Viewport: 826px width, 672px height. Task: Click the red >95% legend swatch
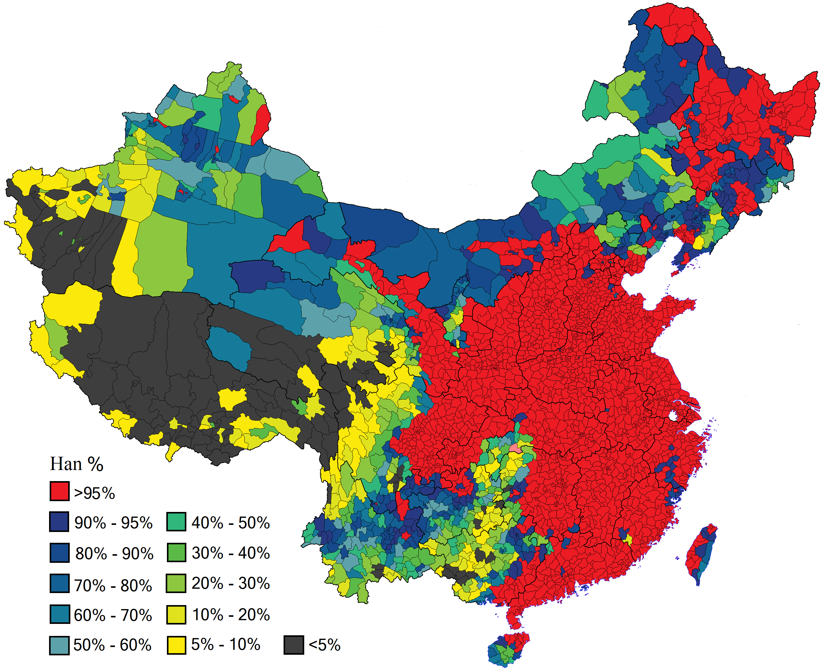[60, 491]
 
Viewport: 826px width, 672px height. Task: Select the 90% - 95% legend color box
[59, 522]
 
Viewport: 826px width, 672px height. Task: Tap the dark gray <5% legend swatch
[293, 645]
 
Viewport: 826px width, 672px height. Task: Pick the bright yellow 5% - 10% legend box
[176, 645]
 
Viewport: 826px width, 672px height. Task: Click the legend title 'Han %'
[77, 464]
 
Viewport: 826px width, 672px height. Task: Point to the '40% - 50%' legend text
[230, 522]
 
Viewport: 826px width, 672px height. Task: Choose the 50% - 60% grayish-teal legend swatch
[59, 645]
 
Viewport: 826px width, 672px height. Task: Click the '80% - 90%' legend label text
[114, 553]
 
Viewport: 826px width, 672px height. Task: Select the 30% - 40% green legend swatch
[176, 552]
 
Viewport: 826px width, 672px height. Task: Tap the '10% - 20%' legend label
[230, 614]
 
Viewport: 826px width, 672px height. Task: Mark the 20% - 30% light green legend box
[176, 583]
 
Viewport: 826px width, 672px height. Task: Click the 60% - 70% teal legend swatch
[60, 614]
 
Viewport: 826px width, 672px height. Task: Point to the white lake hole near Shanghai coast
[673, 416]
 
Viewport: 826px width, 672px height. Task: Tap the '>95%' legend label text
[94, 493]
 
